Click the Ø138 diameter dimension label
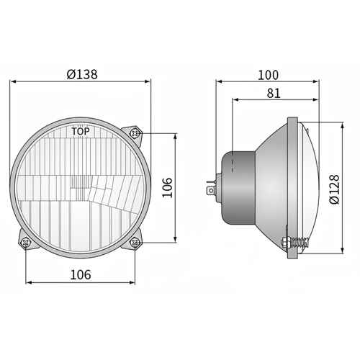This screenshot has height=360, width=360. point(82,74)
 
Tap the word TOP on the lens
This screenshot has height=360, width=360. point(81,131)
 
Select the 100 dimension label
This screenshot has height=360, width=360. point(268,75)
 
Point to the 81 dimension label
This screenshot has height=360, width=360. point(274,94)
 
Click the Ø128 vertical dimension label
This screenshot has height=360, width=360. point(334,189)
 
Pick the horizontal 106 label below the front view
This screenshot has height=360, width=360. point(81,275)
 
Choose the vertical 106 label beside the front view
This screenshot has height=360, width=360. point(167,188)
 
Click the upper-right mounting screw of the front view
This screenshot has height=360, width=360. point(135,133)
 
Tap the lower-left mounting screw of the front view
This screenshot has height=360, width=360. point(26,243)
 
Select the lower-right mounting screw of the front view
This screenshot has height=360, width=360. point(135,243)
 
